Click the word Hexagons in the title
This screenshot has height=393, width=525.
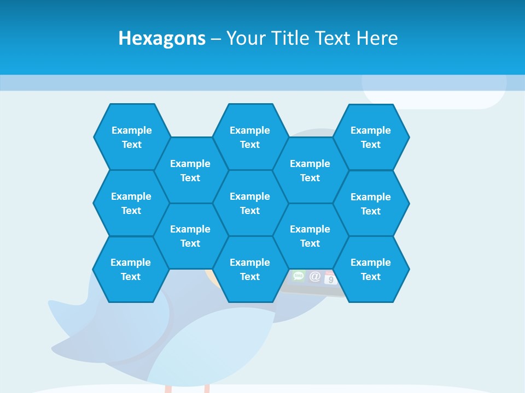tap(162, 38)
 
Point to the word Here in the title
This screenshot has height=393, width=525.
tap(377, 38)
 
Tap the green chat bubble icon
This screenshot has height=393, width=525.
tap(298, 276)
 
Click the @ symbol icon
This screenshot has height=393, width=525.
tap(315, 277)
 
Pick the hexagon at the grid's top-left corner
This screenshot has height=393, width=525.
tap(131, 137)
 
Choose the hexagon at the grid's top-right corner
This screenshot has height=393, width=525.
tap(371, 137)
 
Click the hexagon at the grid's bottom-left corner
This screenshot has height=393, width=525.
tap(131, 269)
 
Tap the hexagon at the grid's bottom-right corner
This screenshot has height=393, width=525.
tap(371, 269)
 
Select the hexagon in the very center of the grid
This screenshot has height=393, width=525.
tap(250, 203)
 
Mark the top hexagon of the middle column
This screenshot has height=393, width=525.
tap(250, 137)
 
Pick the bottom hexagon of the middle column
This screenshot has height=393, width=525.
tap(250, 269)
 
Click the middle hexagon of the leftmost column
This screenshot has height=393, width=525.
tap(131, 203)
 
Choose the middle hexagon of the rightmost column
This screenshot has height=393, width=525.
tap(371, 204)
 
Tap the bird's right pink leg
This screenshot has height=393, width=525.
tap(207, 388)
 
